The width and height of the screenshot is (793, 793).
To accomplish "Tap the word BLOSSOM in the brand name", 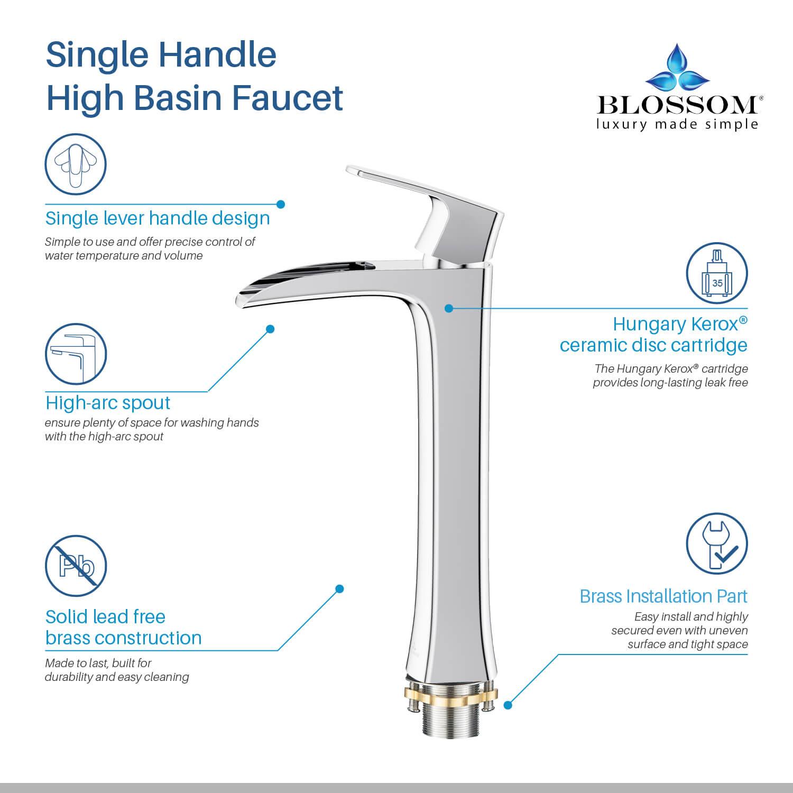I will coord(678,105).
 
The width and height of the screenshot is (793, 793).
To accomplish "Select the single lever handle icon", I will coord(76,164).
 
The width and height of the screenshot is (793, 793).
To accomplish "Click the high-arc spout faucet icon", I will coord(76,354).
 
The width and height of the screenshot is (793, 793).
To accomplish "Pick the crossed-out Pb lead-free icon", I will coord(76,566).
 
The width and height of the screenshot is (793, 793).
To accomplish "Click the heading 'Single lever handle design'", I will coord(158,218).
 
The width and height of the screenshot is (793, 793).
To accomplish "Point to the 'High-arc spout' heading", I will coord(108,403).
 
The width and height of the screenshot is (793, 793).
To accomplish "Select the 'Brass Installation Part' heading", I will coord(663,596).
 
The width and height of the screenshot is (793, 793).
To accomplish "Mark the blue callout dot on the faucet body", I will coord(449,308).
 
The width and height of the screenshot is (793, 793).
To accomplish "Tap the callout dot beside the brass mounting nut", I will coord(508,705).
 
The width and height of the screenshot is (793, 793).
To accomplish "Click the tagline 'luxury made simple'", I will coord(678,125).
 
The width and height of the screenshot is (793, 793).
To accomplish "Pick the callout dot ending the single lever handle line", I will coord(281,204).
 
